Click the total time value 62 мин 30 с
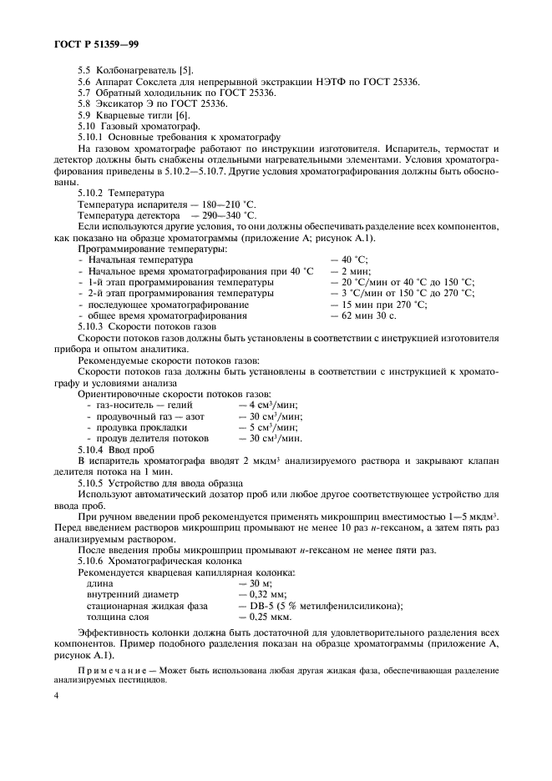tap(363, 317)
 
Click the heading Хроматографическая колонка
tap(175, 562)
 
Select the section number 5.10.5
tap(91, 482)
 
